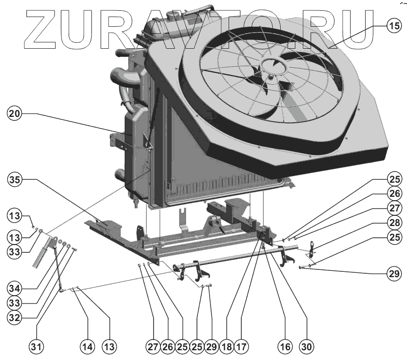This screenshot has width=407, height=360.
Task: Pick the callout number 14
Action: pos(87,346)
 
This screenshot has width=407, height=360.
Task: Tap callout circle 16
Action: pos(284,346)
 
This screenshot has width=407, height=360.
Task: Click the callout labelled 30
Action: pos(307,346)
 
